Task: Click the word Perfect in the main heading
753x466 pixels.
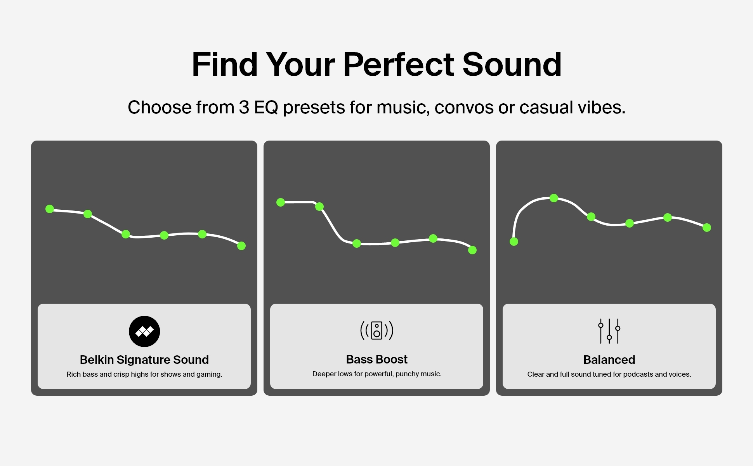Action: coord(399,64)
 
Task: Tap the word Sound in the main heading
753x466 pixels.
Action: coord(512,64)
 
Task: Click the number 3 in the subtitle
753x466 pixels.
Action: coord(244,107)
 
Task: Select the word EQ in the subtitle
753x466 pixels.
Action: coord(266,108)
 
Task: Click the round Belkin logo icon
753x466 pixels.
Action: coord(144,331)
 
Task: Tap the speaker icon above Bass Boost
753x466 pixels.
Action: coord(376,330)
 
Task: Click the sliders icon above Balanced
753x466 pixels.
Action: coord(609,331)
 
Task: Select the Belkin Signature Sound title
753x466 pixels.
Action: coord(144,360)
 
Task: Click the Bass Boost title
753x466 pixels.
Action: coord(376,359)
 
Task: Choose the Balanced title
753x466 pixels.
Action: coord(609,360)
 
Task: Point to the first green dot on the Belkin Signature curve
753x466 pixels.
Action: coord(50,209)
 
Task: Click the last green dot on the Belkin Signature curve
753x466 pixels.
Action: coord(241,246)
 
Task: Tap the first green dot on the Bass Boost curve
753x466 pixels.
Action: coord(281,202)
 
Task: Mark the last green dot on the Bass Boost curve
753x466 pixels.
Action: coord(472,250)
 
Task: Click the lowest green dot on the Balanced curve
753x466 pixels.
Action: coord(514,242)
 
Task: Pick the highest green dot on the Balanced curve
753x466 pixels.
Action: coord(554,198)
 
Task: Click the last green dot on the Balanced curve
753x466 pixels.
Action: coord(707,228)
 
